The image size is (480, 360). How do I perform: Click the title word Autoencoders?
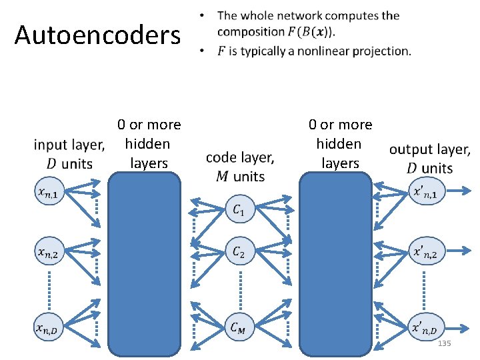click(97, 35)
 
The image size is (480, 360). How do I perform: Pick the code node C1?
click(239, 211)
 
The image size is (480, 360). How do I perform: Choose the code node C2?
click(239, 253)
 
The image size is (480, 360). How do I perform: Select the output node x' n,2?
click(425, 253)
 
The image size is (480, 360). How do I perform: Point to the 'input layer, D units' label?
click(69, 154)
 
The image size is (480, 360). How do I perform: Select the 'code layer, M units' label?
click(240, 167)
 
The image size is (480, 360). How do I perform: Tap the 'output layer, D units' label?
click(429, 159)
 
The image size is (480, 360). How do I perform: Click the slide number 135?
click(444, 343)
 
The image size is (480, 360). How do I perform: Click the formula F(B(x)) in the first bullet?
click(317, 32)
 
